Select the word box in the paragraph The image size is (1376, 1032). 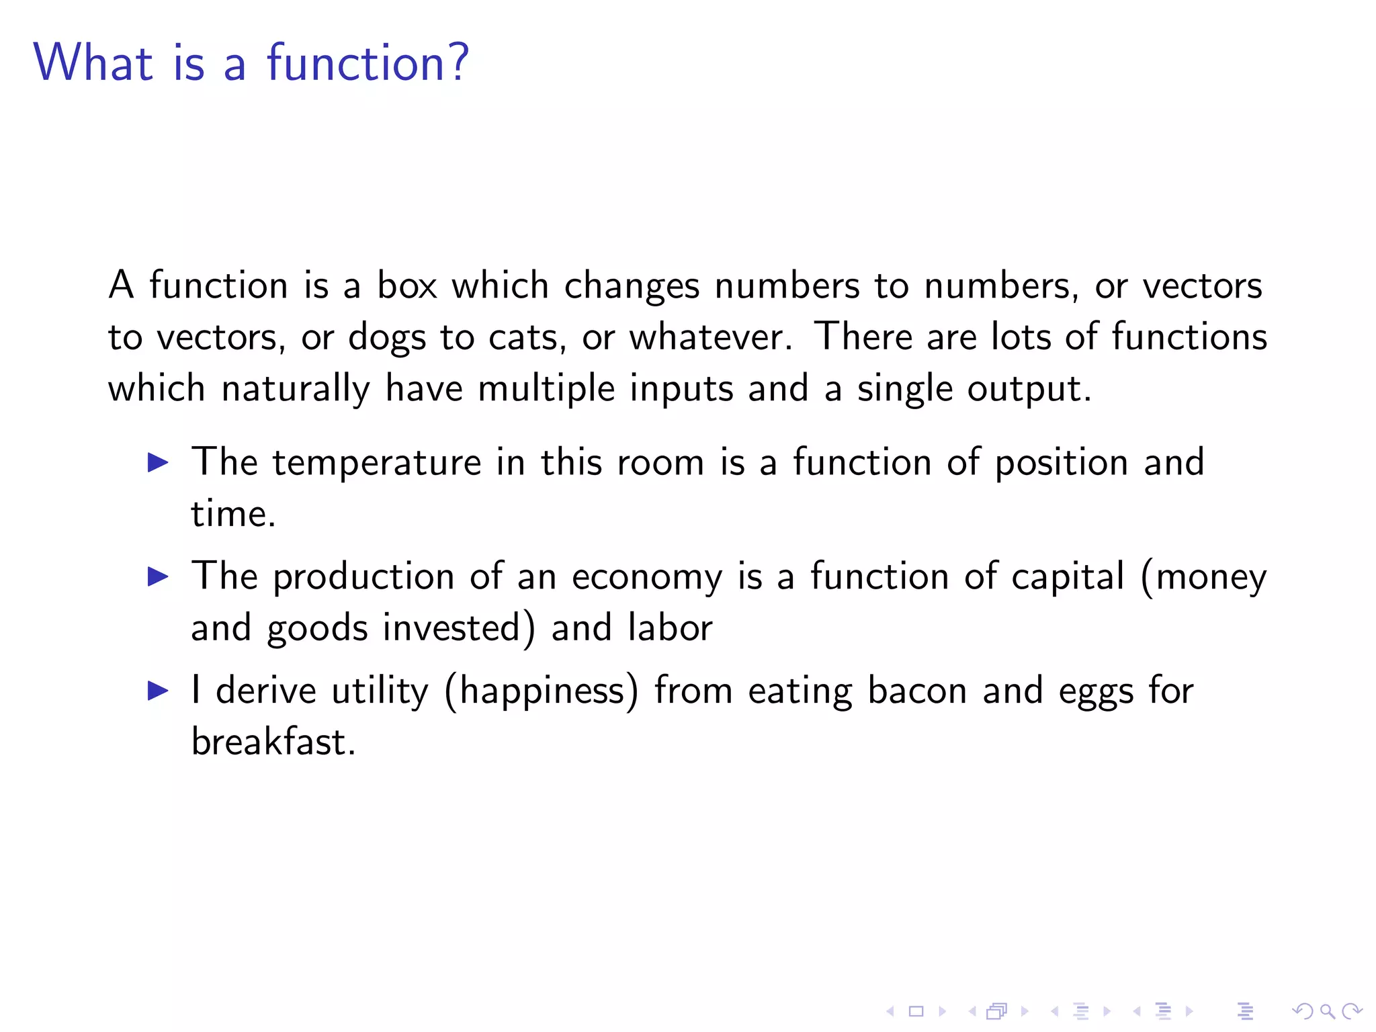pos(406,286)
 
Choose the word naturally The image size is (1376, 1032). pos(296,389)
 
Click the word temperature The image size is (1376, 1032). pos(376,463)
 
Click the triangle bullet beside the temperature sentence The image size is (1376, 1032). pos(158,462)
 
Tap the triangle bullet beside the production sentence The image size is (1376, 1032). pos(158,576)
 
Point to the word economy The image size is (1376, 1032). pos(647,577)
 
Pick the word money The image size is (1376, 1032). pos(1210,577)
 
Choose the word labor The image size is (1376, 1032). pos(670,628)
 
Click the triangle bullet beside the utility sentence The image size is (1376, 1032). pos(158,691)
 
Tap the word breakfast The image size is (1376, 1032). pos(272,742)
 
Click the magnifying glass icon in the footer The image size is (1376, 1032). pos(1326,1010)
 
